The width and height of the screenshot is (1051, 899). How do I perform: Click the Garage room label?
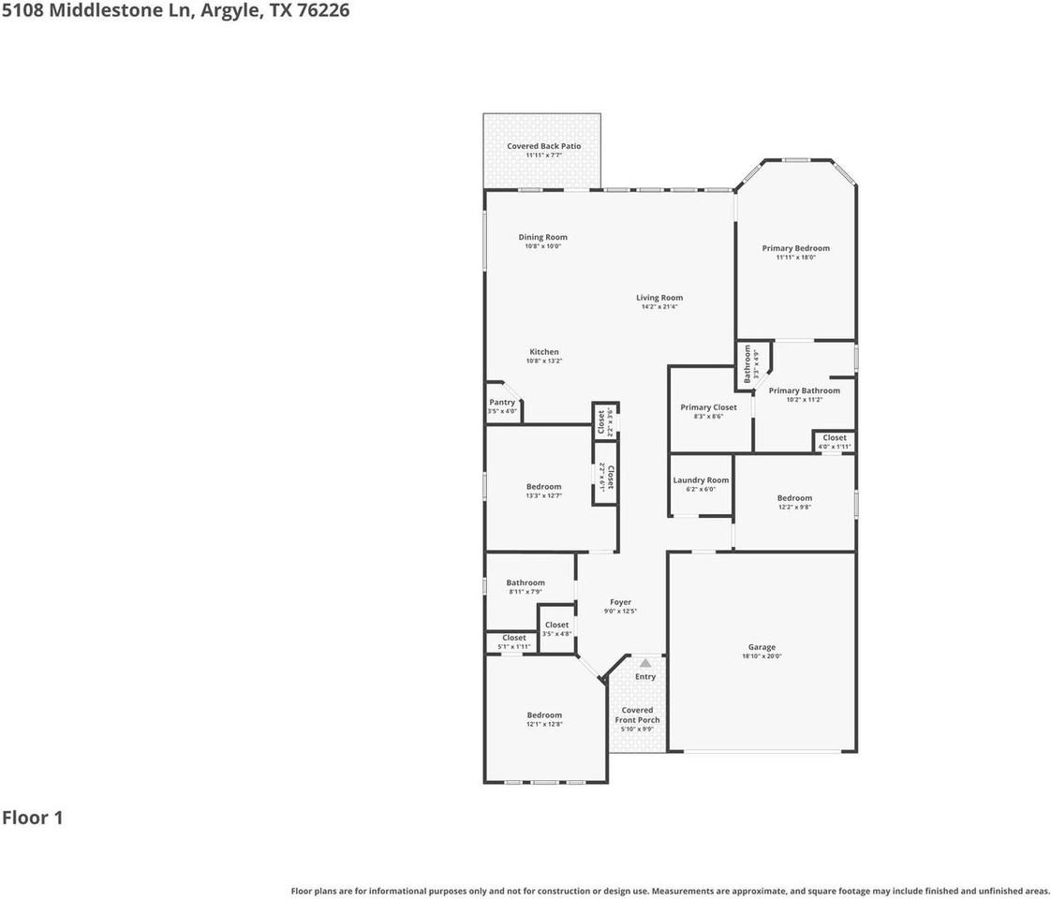pyautogui.click(x=762, y=647)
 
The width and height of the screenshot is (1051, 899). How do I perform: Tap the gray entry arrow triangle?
pyautogui.click(x=644, y=663)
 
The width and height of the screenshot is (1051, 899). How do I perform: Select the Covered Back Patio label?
pyautogui.click(x=543, y=146)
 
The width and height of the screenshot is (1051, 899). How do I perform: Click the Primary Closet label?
pyautogui.click(x=708, y=407)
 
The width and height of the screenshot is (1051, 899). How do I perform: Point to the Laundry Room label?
pyautogui.click(x=701, y=479)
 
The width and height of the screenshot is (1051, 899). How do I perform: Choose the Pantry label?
pyautogui.click(x=502, y=402)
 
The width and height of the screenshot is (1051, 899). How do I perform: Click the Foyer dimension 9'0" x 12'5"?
pyautogui.click(x=620, y=612)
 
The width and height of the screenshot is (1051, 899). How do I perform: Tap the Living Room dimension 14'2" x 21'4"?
pyautogui.click(x=659, y=306)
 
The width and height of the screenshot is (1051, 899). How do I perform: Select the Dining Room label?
pyautogui.click(x=542, y=237)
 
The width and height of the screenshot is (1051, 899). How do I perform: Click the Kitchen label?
pyautogui.click(x=543, y=352)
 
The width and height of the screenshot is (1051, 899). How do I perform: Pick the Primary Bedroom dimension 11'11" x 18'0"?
pyautogui.click(x=795, y=258)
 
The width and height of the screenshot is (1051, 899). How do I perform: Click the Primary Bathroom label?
pyautogui.click(x=804, y=391)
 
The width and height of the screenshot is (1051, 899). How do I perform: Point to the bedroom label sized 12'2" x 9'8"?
pyautogui.click(x=794, y=498)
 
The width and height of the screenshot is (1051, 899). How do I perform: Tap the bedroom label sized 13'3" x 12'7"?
pyautogui.click(x=543, y=486)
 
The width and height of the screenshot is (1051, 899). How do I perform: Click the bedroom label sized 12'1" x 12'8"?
pyautogui.click(x=543, y=715)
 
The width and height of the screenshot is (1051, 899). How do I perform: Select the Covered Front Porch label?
pyautogui.click(x=637, y=715)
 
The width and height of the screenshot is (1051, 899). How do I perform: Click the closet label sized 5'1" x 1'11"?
pyautogui.click(x=513, y=638)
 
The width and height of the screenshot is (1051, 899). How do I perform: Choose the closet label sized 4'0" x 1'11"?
pyautogui.click(x=834, y=437)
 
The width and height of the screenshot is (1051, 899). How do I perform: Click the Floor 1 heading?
pyautogui.click(x=33, y=818)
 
